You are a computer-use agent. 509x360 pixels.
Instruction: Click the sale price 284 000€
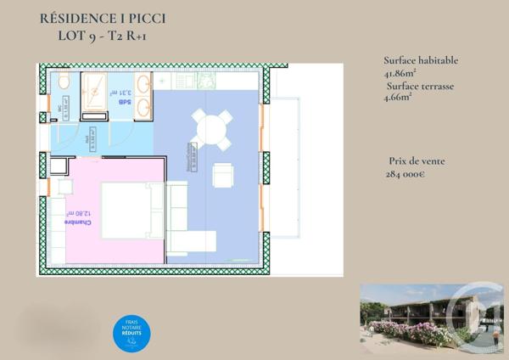coord(406,173)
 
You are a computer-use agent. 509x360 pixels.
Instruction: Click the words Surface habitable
coord(422,60)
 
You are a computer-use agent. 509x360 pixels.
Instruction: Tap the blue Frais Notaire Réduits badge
coord(132,331)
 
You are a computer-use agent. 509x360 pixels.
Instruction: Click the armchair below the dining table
coord(223,175)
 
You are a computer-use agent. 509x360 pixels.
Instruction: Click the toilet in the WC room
coord(64,82)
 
